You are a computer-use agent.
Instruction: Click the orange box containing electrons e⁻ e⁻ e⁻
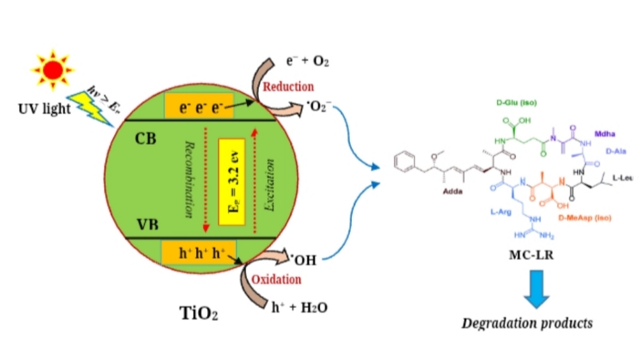pos(199,104)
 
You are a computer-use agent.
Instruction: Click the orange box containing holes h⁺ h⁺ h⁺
pos(198,254)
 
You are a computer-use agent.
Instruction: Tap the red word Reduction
pos(288,86)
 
